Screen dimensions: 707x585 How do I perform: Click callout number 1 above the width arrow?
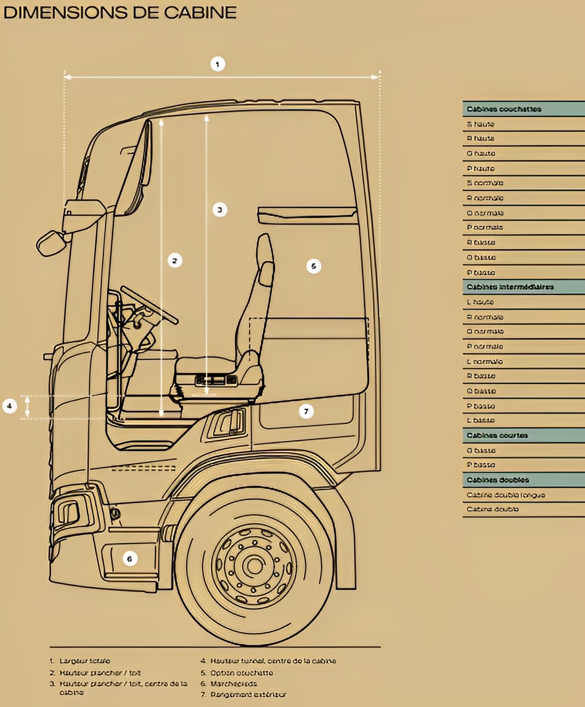[x=217, y=65]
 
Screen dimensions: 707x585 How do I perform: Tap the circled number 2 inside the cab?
[x=174, y=261]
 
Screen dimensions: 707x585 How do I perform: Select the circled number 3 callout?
[x=219, y=210]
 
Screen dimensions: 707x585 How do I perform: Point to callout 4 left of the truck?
[x=9, y=406]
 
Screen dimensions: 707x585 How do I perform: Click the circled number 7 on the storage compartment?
[x=306, y=412]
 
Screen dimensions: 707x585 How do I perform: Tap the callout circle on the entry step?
[x=129, y=558]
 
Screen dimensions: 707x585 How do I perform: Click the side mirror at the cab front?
[x=51, y=243]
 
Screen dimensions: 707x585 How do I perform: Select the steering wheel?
[x=149, y=304]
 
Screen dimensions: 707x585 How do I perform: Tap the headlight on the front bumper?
[x=68, y=513]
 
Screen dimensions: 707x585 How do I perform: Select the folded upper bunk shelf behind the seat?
[x=307, y=215]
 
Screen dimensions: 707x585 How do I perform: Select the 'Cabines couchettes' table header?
[x=523, y=109]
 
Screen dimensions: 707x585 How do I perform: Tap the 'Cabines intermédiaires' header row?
[x=523, y=287]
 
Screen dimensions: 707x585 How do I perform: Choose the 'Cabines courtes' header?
[x=523, y=435]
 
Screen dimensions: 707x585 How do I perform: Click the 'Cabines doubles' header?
[x=523, y=480]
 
